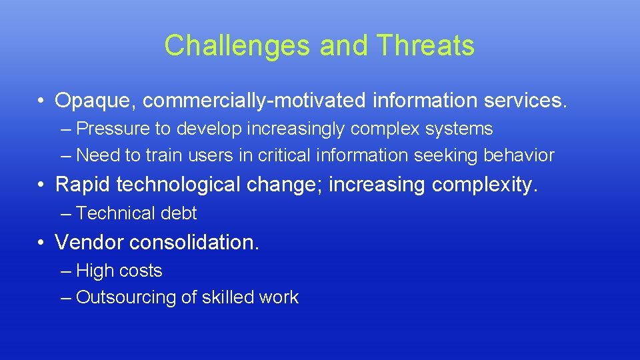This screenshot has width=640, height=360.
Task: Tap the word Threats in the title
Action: [425, 46]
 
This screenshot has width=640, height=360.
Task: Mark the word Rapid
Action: [84, 184]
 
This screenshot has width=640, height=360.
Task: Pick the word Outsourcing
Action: [126, 297]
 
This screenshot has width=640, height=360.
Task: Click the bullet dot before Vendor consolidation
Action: [41, 243]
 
